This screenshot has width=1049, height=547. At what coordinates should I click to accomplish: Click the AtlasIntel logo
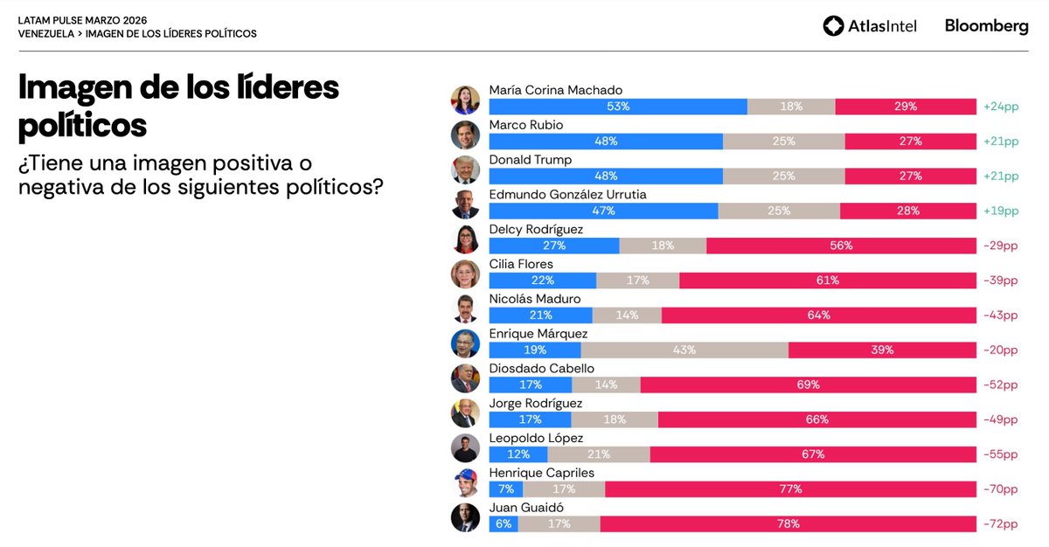point(870,26)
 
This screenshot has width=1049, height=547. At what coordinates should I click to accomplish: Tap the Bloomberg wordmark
point(986,26)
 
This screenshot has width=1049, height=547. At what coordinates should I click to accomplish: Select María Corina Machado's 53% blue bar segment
point(618,107)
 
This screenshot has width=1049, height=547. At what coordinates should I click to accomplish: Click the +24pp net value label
point(1000,107)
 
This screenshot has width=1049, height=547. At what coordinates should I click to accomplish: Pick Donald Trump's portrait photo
point(465,170)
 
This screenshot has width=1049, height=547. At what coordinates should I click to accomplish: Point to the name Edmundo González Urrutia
point(567,195)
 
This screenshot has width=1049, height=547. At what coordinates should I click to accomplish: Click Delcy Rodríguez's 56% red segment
point(841,246)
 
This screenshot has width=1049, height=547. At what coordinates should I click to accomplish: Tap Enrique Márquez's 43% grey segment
point(684,350)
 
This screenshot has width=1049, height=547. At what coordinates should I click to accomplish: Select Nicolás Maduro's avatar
point(465,308)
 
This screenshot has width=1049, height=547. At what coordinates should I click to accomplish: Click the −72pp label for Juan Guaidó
point(1000,524)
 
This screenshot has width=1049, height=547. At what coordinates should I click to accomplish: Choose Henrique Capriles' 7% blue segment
point(506,489)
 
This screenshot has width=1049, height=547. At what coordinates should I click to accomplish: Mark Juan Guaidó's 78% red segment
point(788,524)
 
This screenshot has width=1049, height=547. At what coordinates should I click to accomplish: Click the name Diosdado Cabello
point(541,369)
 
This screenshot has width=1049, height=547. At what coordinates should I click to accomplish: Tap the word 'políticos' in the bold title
point(82,125)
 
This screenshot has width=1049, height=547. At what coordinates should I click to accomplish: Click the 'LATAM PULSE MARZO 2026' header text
point(82,19)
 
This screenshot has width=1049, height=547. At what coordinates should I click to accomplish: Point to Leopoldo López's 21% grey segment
point(599,454)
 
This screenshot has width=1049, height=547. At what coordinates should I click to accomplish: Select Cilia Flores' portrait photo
point(465,274)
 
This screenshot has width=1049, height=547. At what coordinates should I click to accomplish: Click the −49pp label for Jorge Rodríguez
point(1000,420)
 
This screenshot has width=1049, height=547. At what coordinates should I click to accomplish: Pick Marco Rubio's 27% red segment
point(910,142)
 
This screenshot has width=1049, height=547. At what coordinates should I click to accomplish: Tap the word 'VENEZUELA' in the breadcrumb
point(45,33)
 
